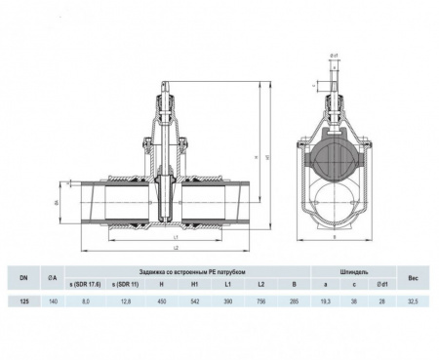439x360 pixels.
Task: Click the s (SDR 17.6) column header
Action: [x=85, y=284]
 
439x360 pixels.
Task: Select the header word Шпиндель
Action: [x=352, y=272]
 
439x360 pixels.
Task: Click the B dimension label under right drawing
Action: [x=332, y=237]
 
